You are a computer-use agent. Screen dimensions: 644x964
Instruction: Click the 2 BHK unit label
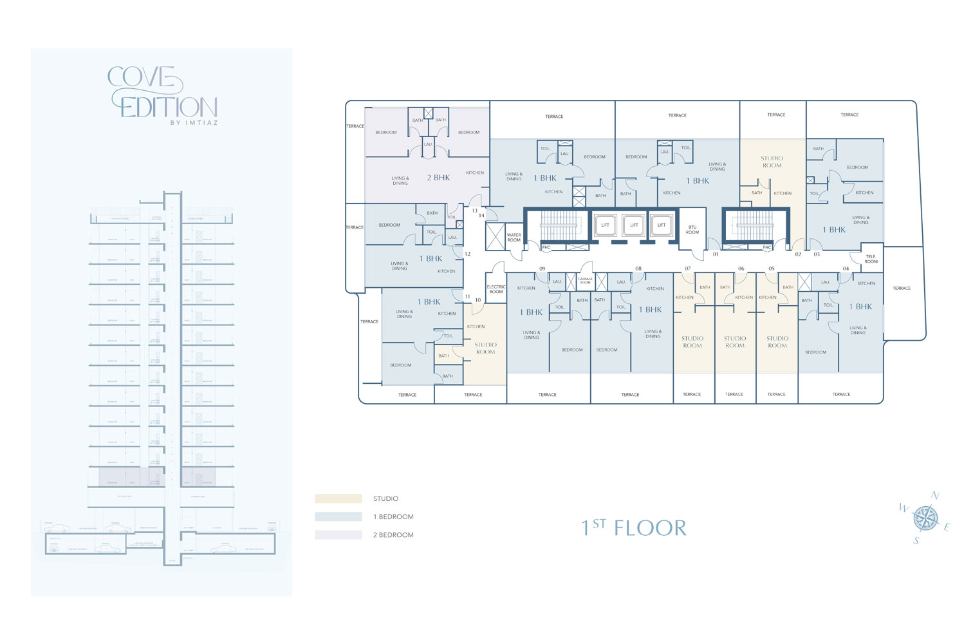click(438, 178)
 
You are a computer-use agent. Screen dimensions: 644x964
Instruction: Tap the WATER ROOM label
click(514, 238)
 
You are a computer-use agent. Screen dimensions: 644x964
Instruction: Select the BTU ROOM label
click(692, 230)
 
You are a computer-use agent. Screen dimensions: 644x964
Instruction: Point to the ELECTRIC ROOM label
click(496, 289)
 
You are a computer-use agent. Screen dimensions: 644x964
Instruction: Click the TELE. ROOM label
click(871, 259)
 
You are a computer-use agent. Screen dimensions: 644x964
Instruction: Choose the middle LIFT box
click(634, 225)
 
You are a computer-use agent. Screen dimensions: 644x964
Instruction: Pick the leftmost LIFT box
click(605, 225)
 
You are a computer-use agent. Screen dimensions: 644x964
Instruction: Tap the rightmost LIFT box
click(662, 225)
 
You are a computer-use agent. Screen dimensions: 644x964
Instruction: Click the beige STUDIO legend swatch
click(338, 498)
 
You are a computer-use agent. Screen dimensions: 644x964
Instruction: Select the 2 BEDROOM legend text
click(393, 535)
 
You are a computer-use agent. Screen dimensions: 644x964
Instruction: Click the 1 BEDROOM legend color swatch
click(338, 516)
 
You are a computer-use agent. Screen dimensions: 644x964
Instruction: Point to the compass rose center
click(925, 518)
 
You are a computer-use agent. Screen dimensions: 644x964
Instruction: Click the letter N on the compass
click(935, 496)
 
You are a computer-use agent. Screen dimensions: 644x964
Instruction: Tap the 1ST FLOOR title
click(634, 528)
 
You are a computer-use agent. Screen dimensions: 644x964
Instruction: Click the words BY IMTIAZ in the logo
click(194, 123)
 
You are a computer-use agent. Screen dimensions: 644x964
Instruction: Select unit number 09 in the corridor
click(542, 269)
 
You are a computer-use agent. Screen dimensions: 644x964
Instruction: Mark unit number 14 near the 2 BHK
click(481, 215)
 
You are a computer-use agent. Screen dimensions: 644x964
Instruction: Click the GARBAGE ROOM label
click(585, 281)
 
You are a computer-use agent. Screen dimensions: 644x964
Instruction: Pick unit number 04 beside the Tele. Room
click(846, 269)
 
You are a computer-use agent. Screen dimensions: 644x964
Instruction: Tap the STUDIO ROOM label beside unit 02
click(772, 162)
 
